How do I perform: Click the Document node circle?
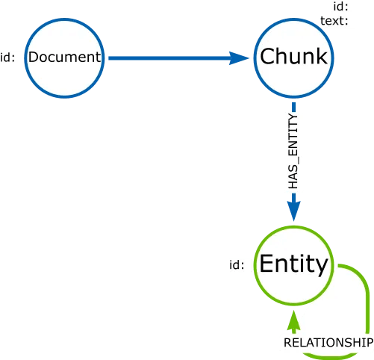(x=63, y=58)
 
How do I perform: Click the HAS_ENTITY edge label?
(x=294, y=150)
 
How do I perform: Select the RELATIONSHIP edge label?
(x=326, y=342)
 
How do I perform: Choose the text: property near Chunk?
(x=334, y=20)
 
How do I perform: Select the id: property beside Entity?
(x=237, y=264)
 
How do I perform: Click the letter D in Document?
(x=33, y=58)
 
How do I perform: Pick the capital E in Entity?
(x=267, y=264)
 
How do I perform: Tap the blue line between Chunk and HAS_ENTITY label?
(x=294, y=106)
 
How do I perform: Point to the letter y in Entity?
(x=320, y=267)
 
